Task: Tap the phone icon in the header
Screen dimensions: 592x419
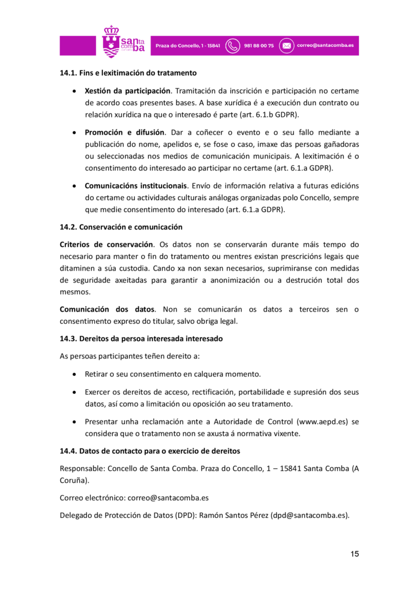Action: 233,46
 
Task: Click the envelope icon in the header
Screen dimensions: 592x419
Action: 287,46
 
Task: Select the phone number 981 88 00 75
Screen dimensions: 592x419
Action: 259,46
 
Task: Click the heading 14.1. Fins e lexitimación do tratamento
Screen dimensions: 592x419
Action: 128,73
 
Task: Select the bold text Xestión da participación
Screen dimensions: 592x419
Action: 127,91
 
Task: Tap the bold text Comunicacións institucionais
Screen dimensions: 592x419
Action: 136,186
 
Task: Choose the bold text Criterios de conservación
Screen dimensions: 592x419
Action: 106,245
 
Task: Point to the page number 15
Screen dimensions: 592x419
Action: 354,554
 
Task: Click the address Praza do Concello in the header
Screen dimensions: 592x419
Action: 187,46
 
